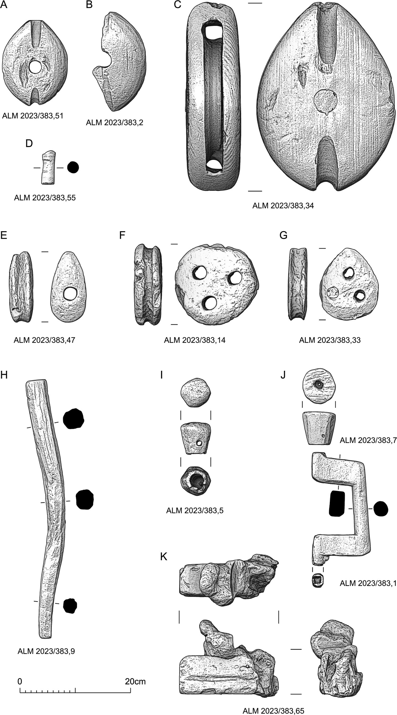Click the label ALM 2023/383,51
pyautogui.click(x=33, y=116)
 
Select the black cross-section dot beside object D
pyautogui.click(x=73, y=167)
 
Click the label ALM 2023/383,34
pyautogui.click(x=283, y=206)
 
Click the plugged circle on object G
pyautogui.click(x=332, y=293)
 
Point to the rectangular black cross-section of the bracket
pyautogui.click(x=336, y=503)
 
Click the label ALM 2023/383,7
pyautogui.click(x=368, y=440)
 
